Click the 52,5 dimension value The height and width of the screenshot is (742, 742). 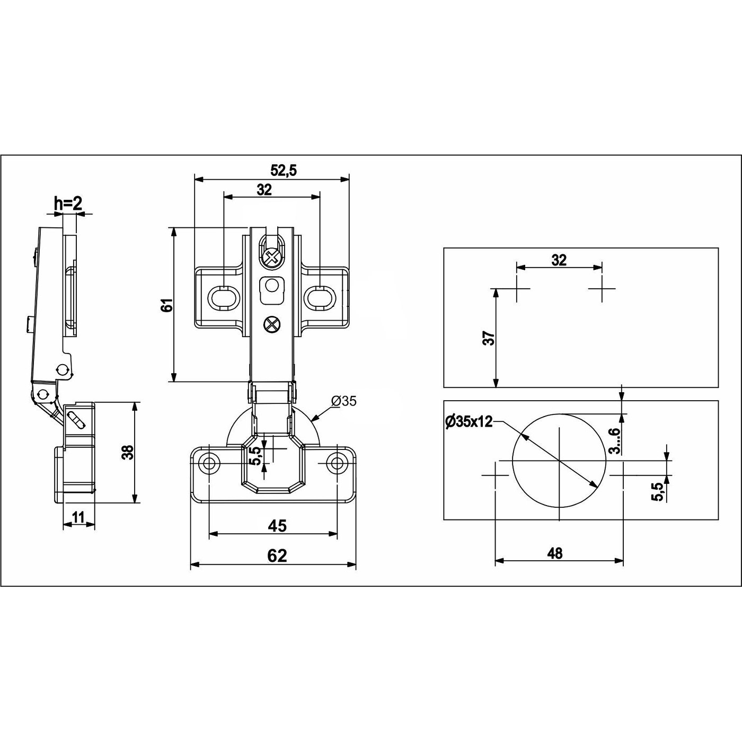pos(284,170)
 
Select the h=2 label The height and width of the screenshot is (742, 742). pos(68,204)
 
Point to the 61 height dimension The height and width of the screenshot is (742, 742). pos(167,305)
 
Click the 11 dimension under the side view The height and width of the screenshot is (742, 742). pos(78,517)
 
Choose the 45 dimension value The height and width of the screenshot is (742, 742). pos(278,525)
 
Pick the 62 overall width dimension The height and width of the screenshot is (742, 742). pos(278,555)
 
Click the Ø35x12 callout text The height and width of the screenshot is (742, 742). pos(469,422)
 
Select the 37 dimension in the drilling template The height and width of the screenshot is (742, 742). pos(489,338)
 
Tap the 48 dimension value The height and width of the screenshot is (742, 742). pos(554,553)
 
